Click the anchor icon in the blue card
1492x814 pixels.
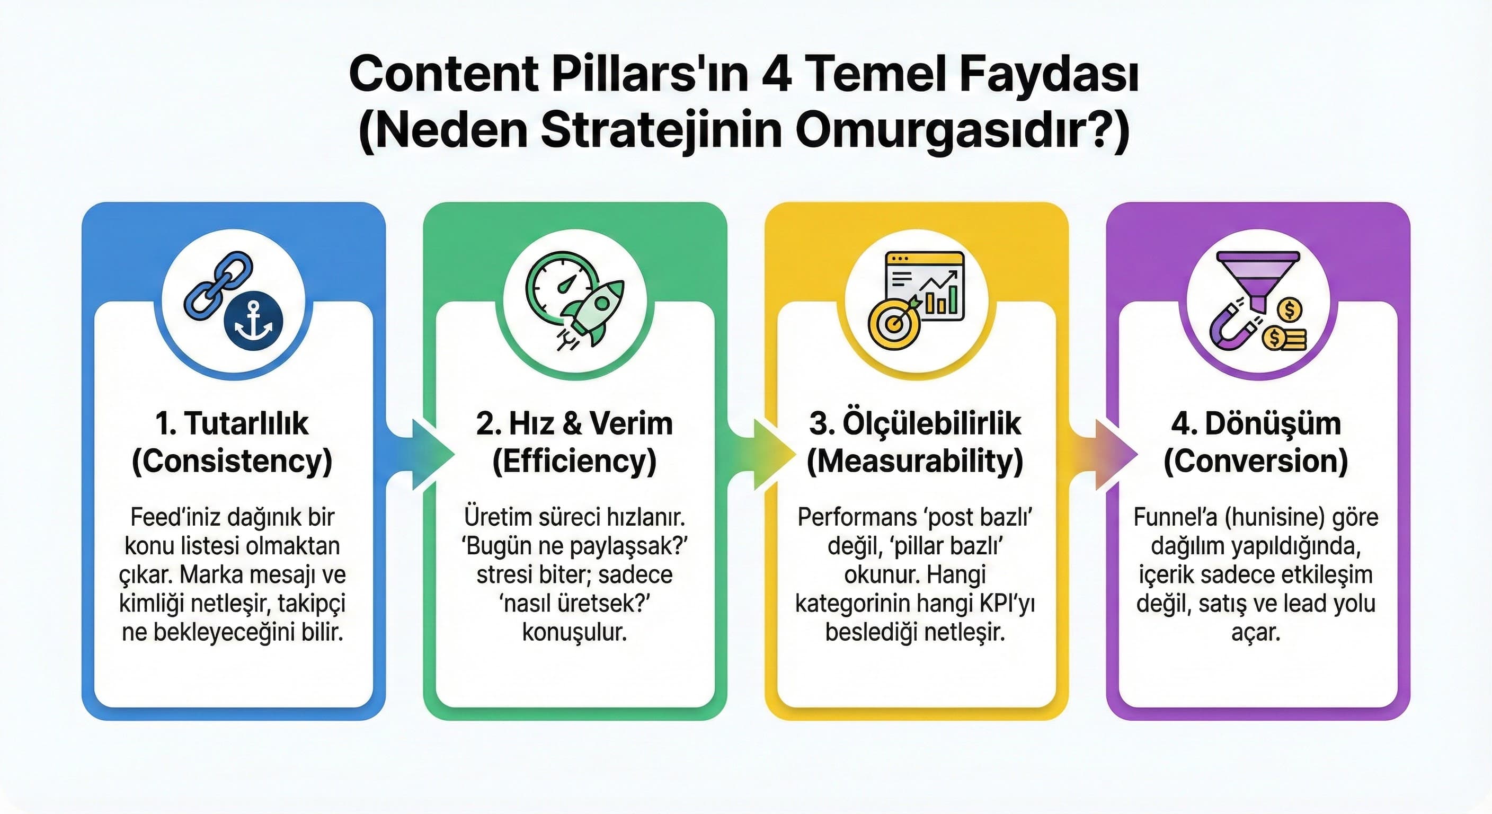point(253,321)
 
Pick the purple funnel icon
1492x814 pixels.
point(1257,278)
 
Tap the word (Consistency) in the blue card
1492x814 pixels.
point(232,462)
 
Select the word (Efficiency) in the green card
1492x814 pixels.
point(574,462)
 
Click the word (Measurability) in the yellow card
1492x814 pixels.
point(915,462)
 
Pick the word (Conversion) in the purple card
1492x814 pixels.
point(1256,462)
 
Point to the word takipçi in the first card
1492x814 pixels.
point(311,603)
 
